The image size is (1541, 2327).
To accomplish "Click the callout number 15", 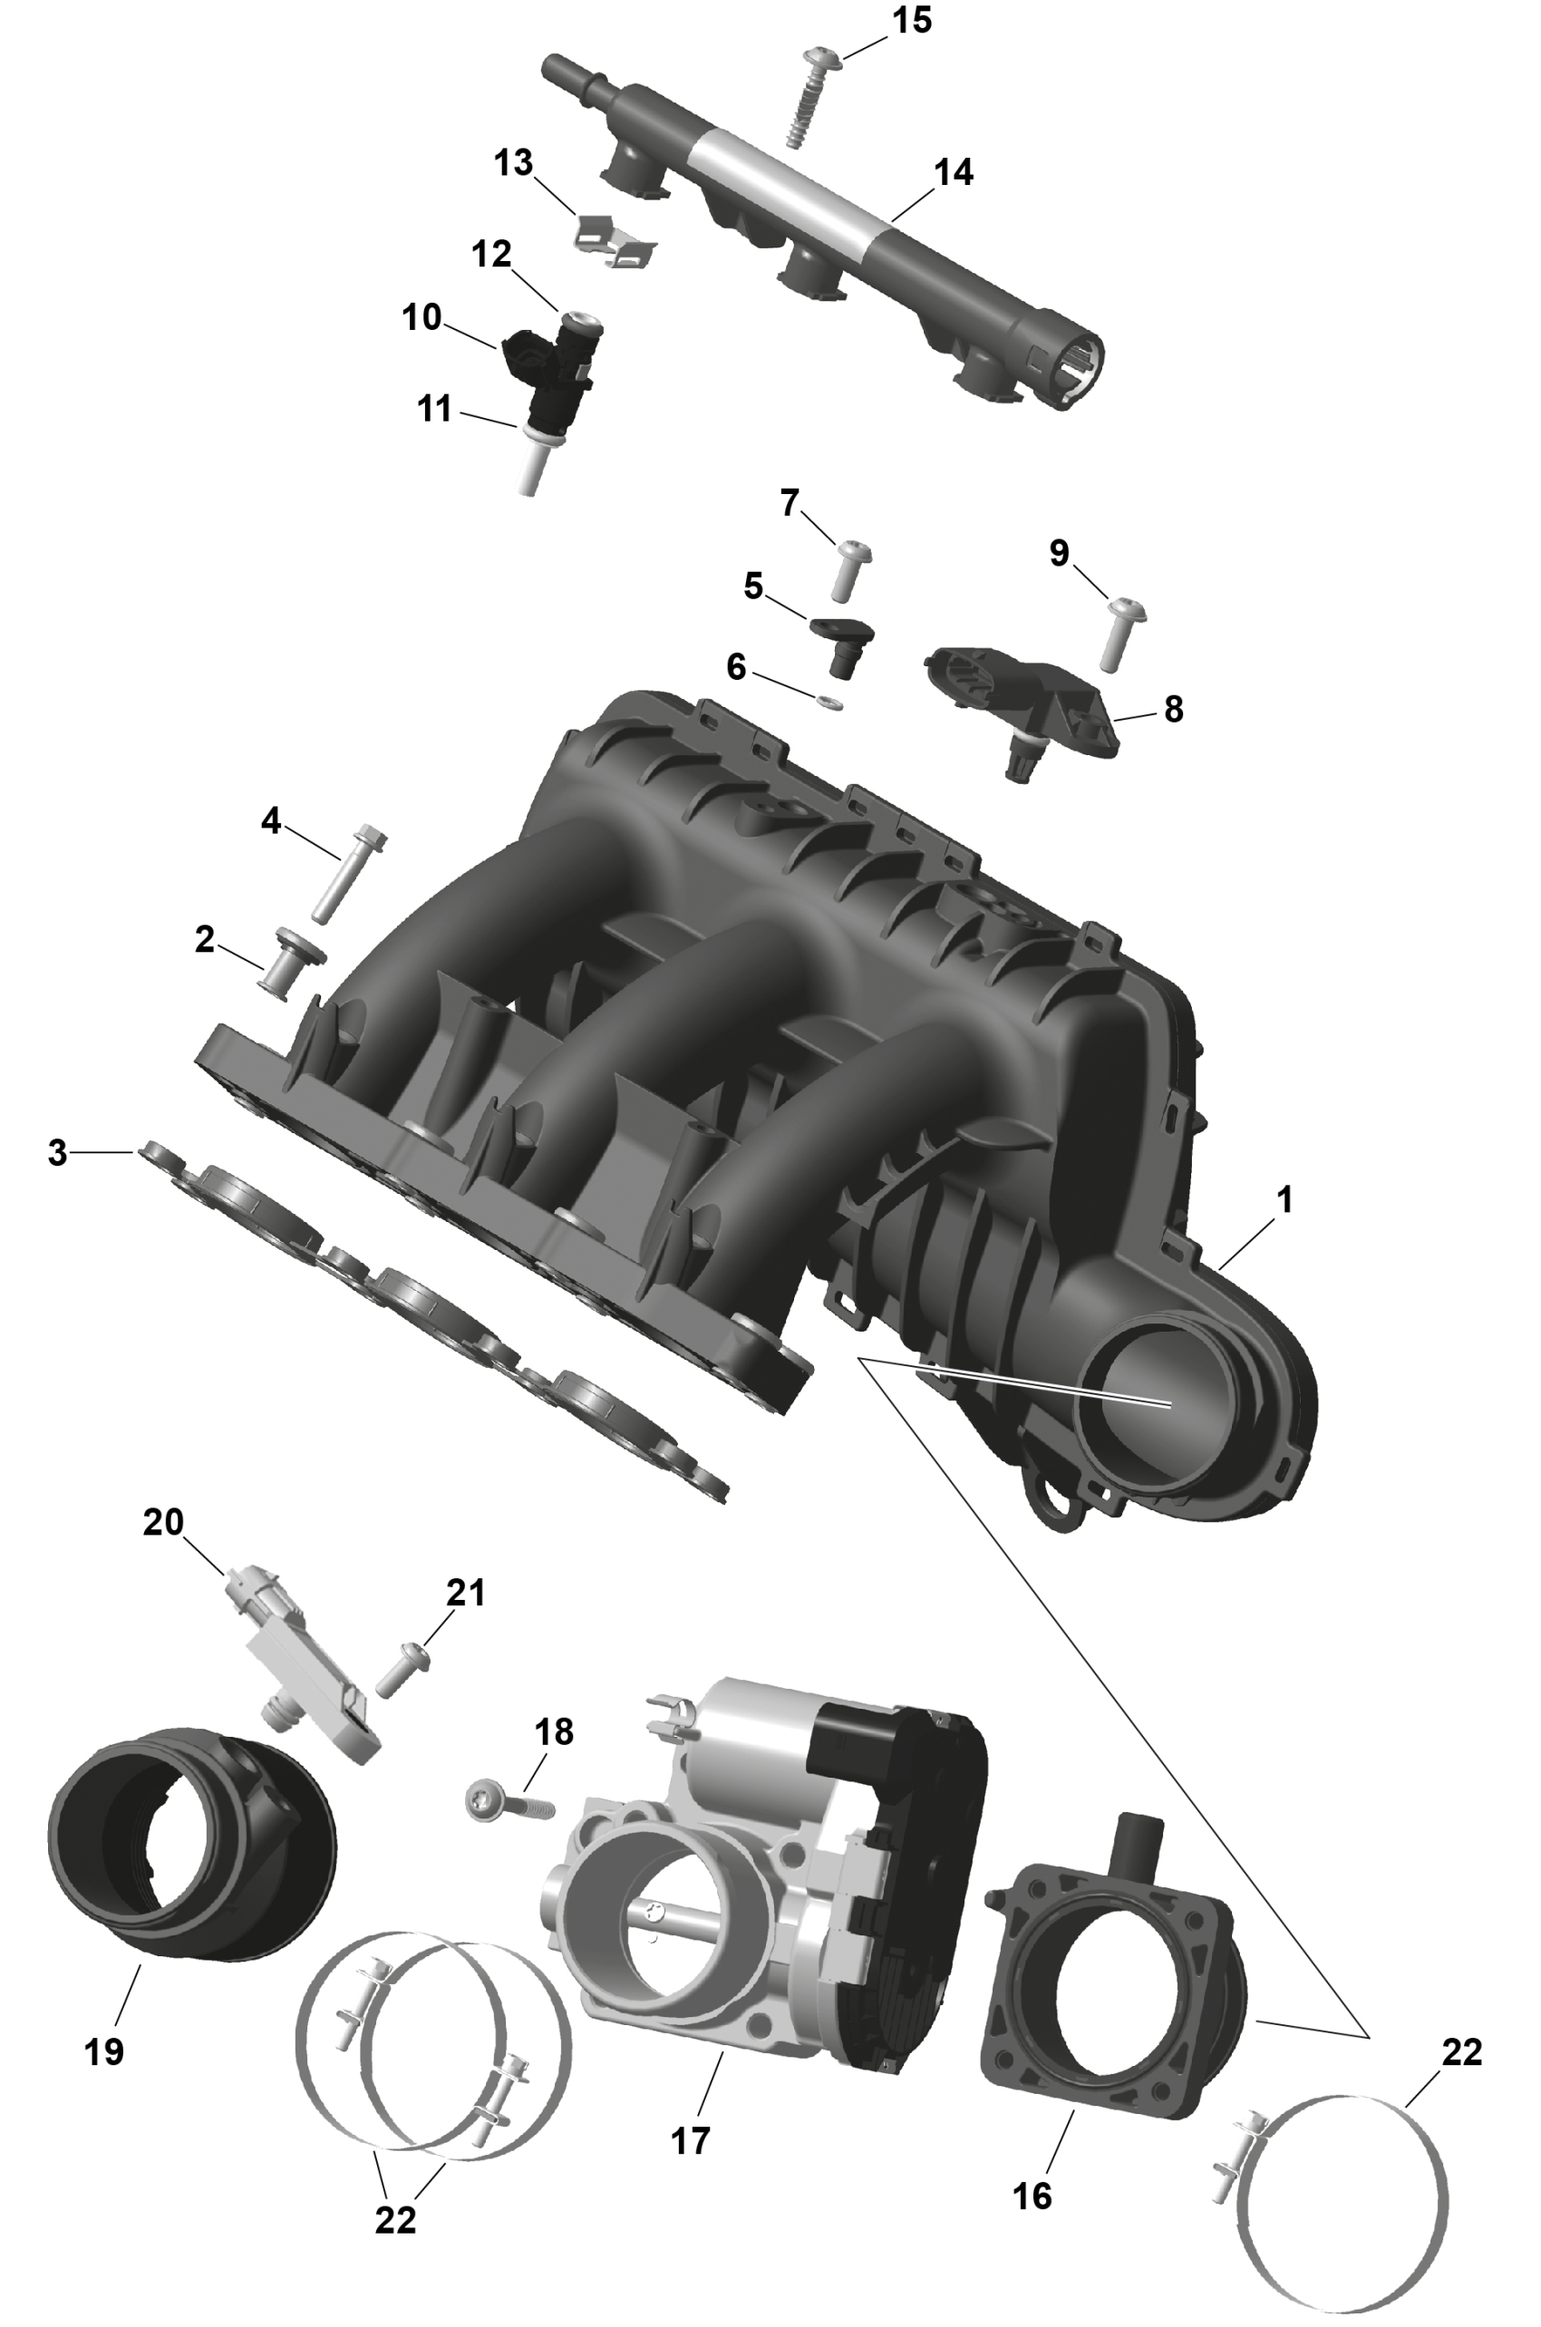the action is click(x=911, y=21).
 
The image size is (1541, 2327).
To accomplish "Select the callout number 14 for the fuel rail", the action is click(x=954, y=172).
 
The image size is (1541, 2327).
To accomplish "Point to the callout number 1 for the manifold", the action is click(x=1284, y=1200).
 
